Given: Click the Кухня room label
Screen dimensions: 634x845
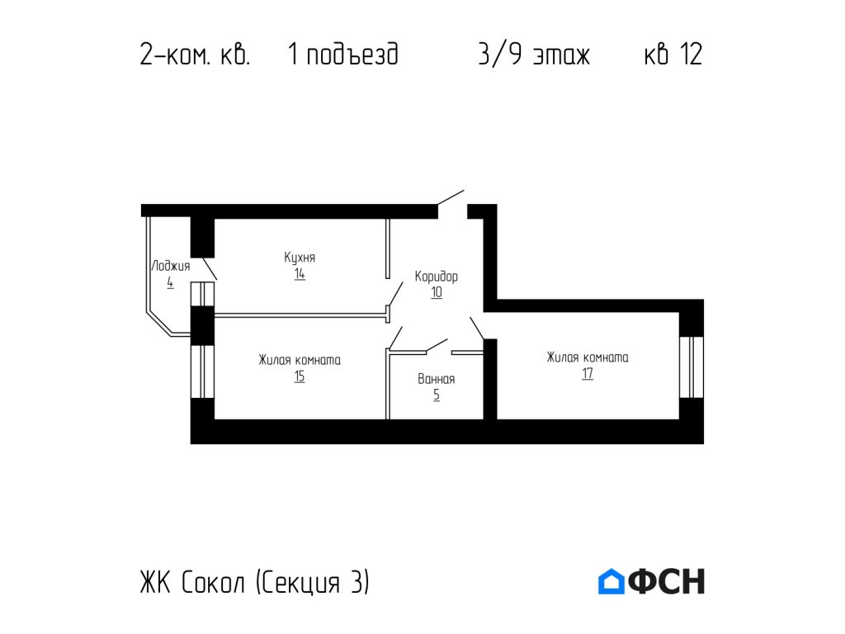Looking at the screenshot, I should (300, 258).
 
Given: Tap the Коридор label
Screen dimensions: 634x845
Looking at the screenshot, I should (437, 277).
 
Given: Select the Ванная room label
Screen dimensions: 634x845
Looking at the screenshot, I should (437, 380).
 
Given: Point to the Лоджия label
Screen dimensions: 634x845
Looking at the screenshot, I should (171, 266).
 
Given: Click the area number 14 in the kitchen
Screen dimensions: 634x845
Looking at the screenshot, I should (300, 274).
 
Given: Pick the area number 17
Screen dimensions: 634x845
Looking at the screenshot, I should (587, 374).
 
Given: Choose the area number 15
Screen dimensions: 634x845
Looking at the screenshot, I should (300, 377).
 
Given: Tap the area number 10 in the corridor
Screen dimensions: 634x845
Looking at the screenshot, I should (437, 292).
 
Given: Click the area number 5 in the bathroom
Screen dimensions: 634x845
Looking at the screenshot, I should (437, 395).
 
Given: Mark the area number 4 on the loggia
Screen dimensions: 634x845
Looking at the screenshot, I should (170, 282).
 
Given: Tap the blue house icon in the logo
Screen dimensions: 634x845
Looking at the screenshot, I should (611, 582).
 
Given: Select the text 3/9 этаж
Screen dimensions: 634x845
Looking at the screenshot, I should (534, 55).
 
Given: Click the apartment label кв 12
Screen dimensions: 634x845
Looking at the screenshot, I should (673, 55).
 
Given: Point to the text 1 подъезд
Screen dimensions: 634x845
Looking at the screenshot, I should (343, 55).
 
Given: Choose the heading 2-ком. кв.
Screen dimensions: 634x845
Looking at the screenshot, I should (195, 55).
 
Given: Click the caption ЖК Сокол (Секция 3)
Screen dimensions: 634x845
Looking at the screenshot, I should (255, 583).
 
